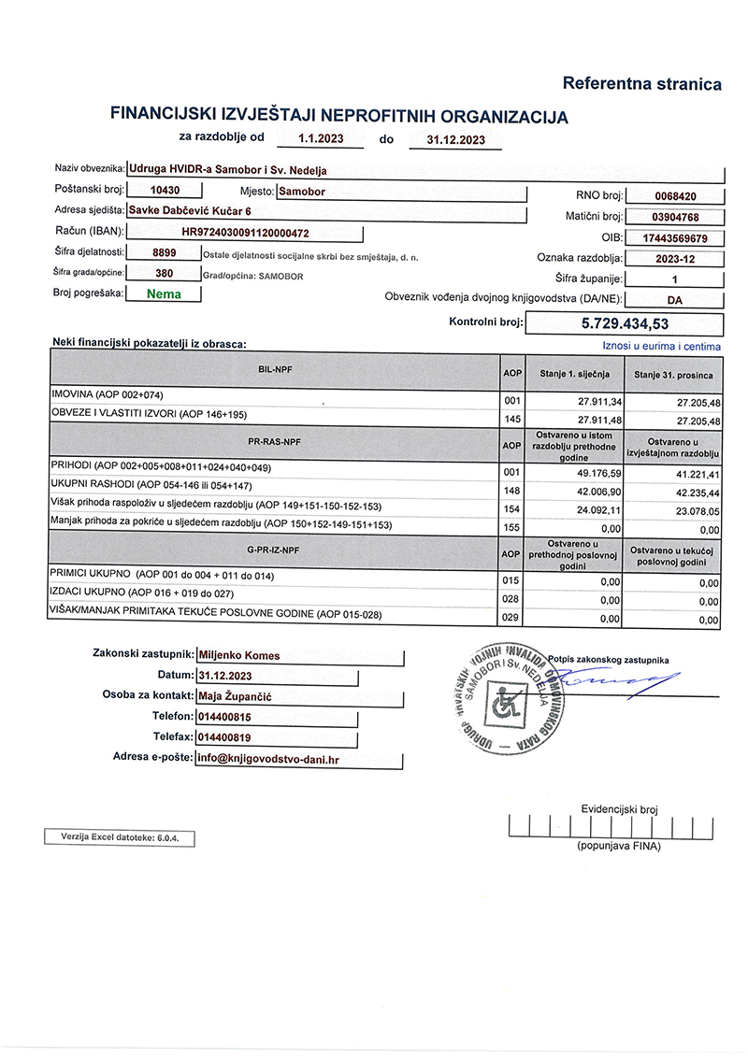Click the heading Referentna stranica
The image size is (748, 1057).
click(641, 84)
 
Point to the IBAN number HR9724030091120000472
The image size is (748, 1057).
click(245, 232)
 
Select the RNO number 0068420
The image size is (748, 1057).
click(676, 196)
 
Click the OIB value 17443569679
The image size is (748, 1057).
click(675, 238)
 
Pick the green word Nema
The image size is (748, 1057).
click(164, 293)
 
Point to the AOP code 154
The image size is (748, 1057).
click(511, 509)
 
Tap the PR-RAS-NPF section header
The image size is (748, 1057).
click(273, 439)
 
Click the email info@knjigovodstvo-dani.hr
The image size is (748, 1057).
click(267, 759)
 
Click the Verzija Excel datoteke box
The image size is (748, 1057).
click(120, 837)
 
